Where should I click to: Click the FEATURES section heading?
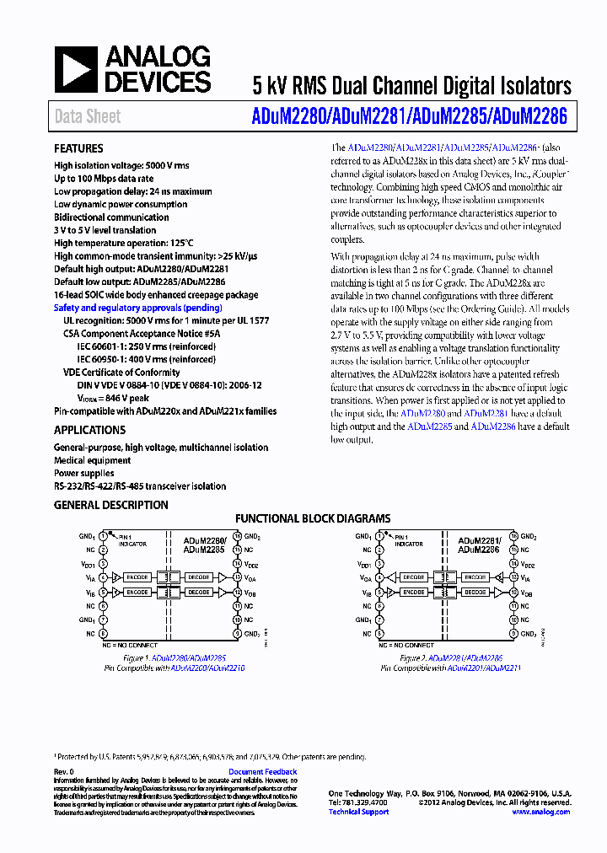click(78, 148)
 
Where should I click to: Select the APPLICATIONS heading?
click(89, 431)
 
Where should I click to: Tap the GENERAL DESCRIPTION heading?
click(110, 506)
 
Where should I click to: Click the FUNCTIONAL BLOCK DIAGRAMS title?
click(313, 519)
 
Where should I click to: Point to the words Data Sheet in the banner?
click(87, 116)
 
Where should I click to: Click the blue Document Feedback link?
click(262, 772)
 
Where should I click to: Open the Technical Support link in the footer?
click(358, 812)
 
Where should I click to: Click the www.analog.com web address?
click(540, 812)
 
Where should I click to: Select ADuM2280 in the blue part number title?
click(287, 116)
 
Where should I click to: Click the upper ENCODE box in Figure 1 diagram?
click(137, 578)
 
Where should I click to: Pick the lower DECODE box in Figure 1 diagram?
click(199, 593)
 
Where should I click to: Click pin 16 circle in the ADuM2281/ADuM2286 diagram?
click(513, 536)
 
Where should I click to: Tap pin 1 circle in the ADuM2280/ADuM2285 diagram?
click(103, 536)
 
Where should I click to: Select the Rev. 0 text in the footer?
click(64, 772)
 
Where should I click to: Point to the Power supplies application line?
click(84, 474)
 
